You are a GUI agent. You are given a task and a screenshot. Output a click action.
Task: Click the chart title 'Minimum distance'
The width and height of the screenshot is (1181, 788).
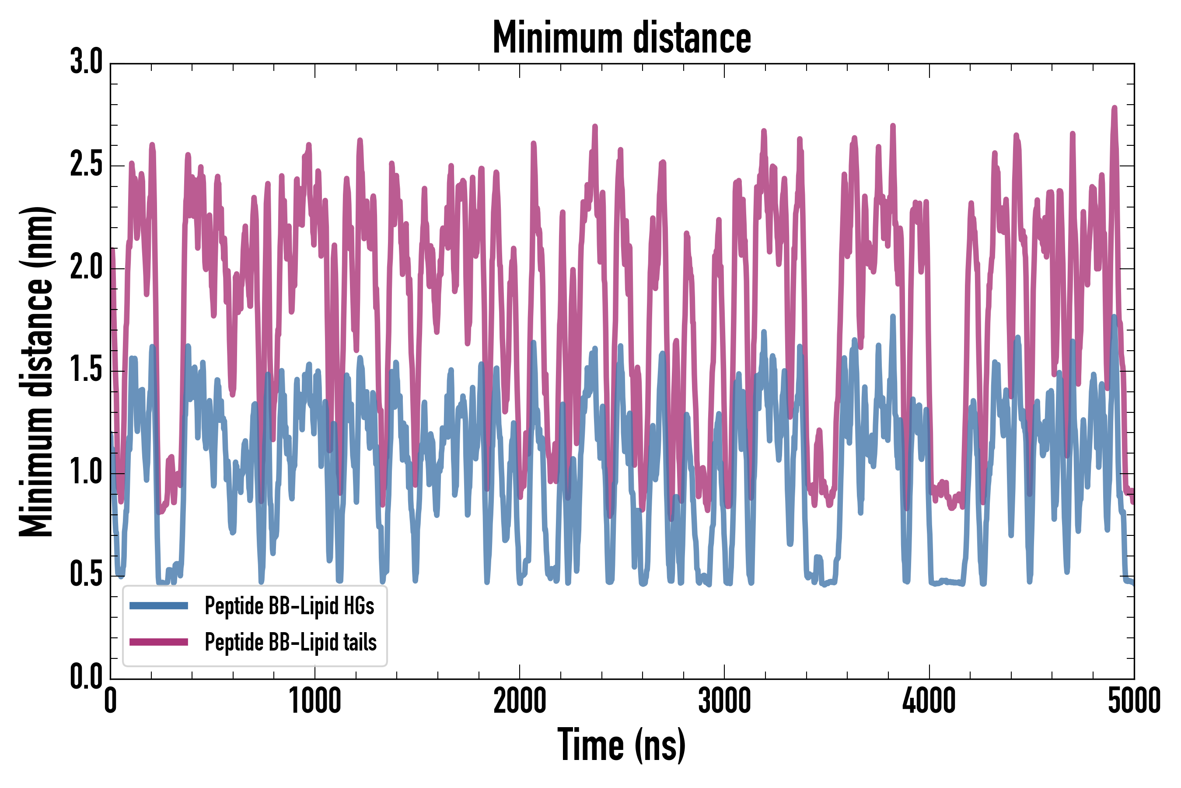pyautogui.click(x=622, y=38)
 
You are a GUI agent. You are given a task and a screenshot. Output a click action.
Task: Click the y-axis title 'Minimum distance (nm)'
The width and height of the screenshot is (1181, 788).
pyautogui.click(x=36, y=372)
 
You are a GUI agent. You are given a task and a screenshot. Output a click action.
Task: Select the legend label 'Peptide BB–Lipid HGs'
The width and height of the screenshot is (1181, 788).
pyautogui.click(x=289, y=606)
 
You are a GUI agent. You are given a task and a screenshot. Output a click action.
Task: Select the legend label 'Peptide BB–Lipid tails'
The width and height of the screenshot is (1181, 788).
pyautogui.click(x=291, y=642)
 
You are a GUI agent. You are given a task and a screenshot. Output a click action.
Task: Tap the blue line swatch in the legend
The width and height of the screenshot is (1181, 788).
pyautogui.click(x=159, y=605)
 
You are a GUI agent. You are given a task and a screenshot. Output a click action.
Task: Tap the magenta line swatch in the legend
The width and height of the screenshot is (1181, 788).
pyautogui.click(x=159, y=642)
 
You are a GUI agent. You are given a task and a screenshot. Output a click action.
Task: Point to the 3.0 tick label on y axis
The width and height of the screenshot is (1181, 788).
pyautogui.click(x=86, y=62)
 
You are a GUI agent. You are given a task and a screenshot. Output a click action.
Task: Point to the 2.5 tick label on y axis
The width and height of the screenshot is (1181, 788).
pyautogui.click(x=86, y=165)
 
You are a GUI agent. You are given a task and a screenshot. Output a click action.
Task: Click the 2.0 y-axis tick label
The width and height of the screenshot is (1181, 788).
pyautogui.click(x=86, y=267)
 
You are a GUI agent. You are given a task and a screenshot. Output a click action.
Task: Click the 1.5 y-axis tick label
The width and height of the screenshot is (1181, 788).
pyautogui.click(x=86, y=370)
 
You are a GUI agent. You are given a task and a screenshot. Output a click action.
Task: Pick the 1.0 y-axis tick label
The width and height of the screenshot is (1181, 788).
pyautogui.click(x=86, y=473)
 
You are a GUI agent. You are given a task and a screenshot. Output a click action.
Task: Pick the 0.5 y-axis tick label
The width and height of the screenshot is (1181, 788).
pyautogui.click(x=86, y=575)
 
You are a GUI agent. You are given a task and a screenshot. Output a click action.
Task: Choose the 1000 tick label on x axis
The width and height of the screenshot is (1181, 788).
pyautogui.click(x=315, y=701)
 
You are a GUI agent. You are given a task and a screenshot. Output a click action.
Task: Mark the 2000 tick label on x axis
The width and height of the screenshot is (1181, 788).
pyautogui.click(x=520, y=701)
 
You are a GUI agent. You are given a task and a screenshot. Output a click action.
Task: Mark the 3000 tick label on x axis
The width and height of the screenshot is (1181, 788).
pyautogui.click(x=725, y=701)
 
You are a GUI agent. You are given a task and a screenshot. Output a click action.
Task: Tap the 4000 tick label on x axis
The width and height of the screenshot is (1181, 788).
pyautogui.click(x=929, y=701)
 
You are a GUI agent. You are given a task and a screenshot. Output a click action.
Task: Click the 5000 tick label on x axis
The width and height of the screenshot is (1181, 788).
pyautogui.click(x=1134, y=701)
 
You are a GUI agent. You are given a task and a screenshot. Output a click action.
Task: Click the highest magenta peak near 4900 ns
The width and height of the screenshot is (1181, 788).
pyautogui.click(x=1114, y=108)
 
